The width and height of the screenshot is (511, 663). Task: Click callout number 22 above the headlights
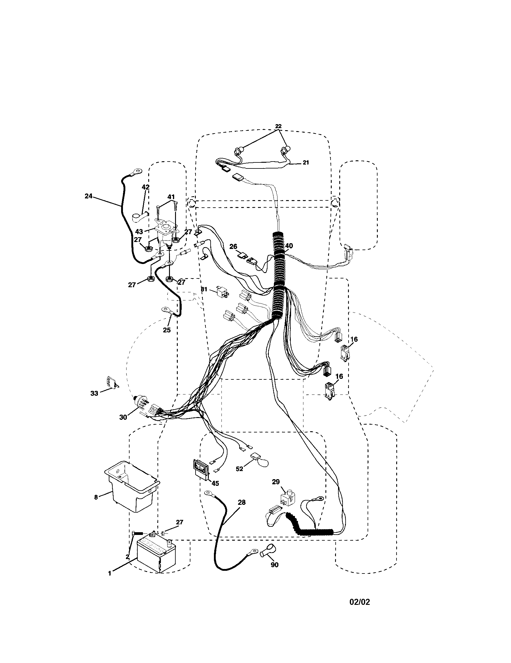[x=278, y=126]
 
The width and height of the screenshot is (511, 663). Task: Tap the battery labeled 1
[x=156, y=555]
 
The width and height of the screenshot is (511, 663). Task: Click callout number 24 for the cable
[x=88, y=196]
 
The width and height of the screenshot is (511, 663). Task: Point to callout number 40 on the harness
[x=289, y=246]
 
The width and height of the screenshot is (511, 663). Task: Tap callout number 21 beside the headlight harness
[x=306, y=163]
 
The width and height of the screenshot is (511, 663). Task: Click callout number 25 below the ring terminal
[x=167, y=330]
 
